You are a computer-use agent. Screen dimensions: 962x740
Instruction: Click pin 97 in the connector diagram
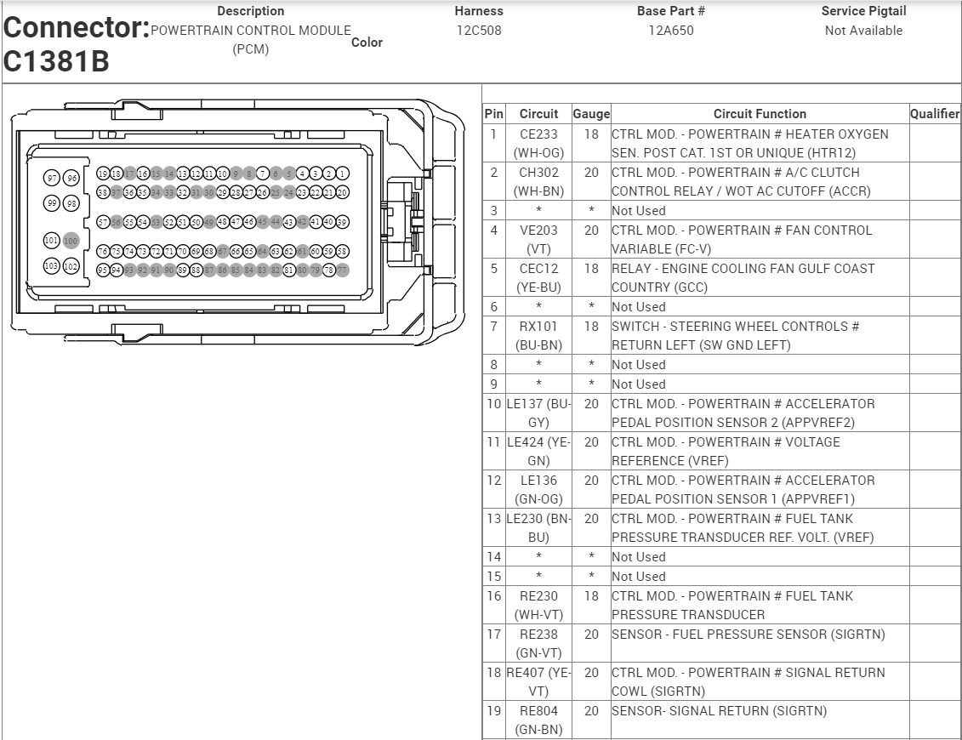click(x=52, y=178)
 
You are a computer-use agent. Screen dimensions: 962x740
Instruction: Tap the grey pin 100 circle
click(x=71, y=241)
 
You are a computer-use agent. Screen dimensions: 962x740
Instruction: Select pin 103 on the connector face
click(x=52, y=266)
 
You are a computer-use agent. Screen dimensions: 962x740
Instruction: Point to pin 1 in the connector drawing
click(x=343, y=174)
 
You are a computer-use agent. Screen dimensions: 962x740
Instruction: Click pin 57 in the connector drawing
click(x=103, y=223)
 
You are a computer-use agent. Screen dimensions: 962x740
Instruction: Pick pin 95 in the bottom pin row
click(x=103, y=270)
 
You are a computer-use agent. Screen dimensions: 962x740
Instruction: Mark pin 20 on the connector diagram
click(x=343, y=192)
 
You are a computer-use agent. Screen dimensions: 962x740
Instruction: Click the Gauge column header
click(x=591, y=114)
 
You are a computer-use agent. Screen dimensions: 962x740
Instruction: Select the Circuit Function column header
click(x=760, y=114)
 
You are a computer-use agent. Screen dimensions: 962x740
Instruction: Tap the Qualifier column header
click(x=935, y=114)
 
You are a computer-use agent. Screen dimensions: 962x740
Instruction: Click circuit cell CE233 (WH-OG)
click(x=538, y=143)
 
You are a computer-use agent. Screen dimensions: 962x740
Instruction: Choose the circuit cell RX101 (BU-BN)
click(x=538, y=335)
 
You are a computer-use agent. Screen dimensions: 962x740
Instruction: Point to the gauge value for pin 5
click(x=591, y=269)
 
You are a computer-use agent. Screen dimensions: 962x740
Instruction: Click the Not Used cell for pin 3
click(x=639, y=210)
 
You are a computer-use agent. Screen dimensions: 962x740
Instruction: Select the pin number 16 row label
click(x=493, y=596)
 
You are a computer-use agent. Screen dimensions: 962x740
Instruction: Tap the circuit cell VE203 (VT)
click(x=538, y=239)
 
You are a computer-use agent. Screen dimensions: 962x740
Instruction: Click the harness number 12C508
click(x=479, y=31)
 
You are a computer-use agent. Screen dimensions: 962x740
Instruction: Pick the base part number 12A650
click(x=670, y=31)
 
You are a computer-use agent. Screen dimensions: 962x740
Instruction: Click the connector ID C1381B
click(x=56, y=61)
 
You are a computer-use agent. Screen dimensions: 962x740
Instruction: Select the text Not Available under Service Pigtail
click(x=863, y=31)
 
